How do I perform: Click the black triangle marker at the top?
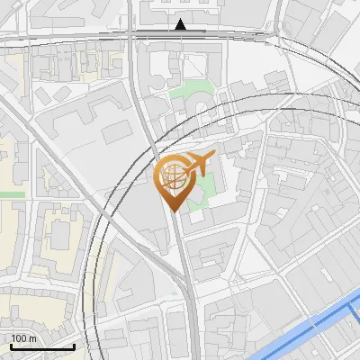pos(181,24)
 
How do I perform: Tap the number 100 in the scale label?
pos(19,338)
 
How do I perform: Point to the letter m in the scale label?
pos(31,338)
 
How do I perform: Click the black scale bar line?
pos(42,346)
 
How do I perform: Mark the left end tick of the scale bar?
pos(11,345)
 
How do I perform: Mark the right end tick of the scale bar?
pos(74,345)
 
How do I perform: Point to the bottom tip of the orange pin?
pos(174,211)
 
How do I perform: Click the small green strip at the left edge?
pos(11,193)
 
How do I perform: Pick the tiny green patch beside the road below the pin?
pos(174,292)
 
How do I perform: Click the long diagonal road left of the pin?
pos(72,171)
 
